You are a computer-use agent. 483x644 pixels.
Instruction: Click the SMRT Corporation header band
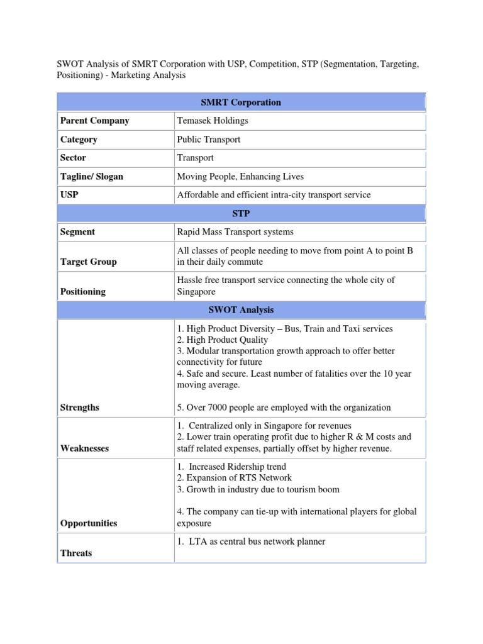241,103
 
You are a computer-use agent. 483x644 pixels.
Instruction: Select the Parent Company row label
94,121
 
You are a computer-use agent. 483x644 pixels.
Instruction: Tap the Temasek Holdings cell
213,121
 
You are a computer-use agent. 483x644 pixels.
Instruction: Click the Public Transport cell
209,140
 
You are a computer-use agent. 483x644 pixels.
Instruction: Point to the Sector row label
73,158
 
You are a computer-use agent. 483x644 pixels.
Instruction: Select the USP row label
69,195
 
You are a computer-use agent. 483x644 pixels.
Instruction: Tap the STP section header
241,214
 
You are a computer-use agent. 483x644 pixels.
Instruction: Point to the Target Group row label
88,262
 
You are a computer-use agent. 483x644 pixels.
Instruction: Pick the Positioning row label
82,292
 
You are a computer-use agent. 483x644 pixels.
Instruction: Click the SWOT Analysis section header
241,310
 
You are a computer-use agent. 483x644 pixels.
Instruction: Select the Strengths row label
79,408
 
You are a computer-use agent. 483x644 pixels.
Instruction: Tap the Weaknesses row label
84,448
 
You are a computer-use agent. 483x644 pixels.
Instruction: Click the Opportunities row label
88,523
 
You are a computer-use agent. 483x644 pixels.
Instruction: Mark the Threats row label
75,553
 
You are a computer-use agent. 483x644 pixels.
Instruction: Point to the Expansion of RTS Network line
234,478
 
